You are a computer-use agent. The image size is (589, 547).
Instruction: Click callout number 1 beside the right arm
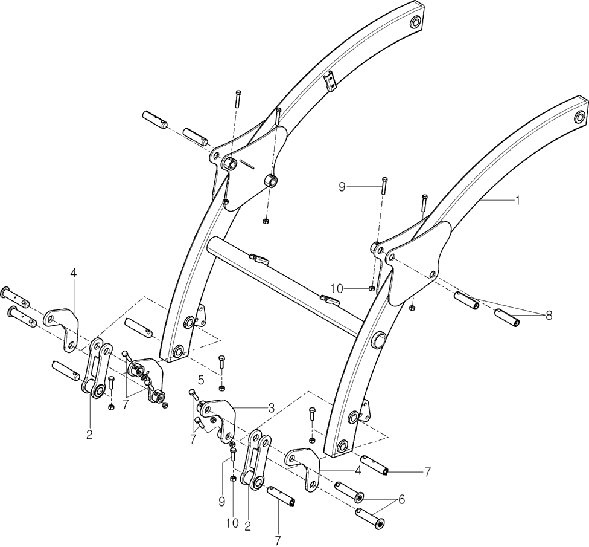point(517,200)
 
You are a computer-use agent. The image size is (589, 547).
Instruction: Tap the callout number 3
point(272,408)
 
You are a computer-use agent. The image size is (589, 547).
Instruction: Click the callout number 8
point(548,314)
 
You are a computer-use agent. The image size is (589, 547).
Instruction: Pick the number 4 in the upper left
point(73,273)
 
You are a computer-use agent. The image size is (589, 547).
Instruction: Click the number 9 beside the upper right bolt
point(342,187)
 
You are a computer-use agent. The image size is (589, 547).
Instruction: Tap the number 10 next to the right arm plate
point(336,290)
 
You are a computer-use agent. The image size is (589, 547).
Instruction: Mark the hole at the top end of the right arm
point(580,115)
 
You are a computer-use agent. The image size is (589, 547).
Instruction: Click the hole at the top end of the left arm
point(415,22)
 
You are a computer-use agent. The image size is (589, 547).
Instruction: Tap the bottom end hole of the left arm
point(178,351)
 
